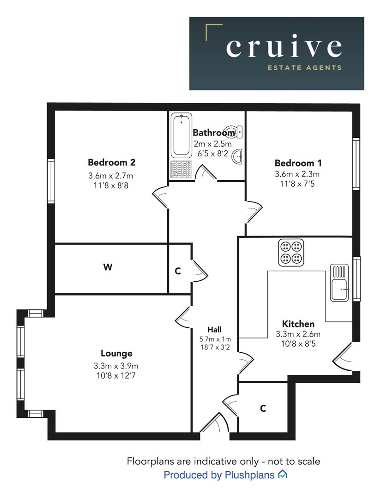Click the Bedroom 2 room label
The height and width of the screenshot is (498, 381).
tap(111, 162)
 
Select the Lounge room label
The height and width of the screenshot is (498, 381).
tap(116, 353)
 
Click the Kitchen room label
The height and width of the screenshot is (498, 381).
tap(298, 324)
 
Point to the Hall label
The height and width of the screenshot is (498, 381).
tap(214, 329)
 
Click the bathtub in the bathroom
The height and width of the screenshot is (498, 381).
tap(181, 136)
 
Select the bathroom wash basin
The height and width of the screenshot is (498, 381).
tap(237, 157)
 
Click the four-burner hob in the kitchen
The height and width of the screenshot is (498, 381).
tap(291, 252)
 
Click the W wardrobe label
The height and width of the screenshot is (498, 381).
tap(108, 267)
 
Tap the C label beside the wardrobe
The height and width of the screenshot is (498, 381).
tap(178, 271)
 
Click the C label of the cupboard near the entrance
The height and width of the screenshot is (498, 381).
tap(263, 408)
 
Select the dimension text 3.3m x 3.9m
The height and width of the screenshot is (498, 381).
tap(116, 366)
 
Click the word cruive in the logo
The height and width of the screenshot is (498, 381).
tap(284, 47)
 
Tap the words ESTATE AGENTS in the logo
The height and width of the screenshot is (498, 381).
tap(305, 68)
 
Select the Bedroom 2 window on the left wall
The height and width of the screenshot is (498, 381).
tap(51, 181)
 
